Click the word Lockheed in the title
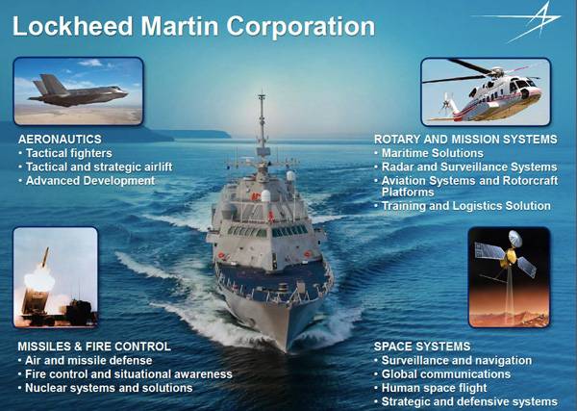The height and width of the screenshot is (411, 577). pos(72,26)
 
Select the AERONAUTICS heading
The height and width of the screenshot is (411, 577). pos(60,139)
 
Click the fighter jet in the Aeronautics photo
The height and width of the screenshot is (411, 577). pos(78,91)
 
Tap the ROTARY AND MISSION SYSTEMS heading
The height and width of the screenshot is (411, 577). pos(465,140)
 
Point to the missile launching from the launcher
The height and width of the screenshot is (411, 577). pos(45,257)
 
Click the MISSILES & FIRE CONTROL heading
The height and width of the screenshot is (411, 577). pos(94,347)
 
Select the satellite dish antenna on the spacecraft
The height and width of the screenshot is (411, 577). pos(515,239)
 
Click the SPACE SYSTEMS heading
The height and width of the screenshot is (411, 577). pos(422,347)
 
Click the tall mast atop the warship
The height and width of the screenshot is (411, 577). pos(262,121)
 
